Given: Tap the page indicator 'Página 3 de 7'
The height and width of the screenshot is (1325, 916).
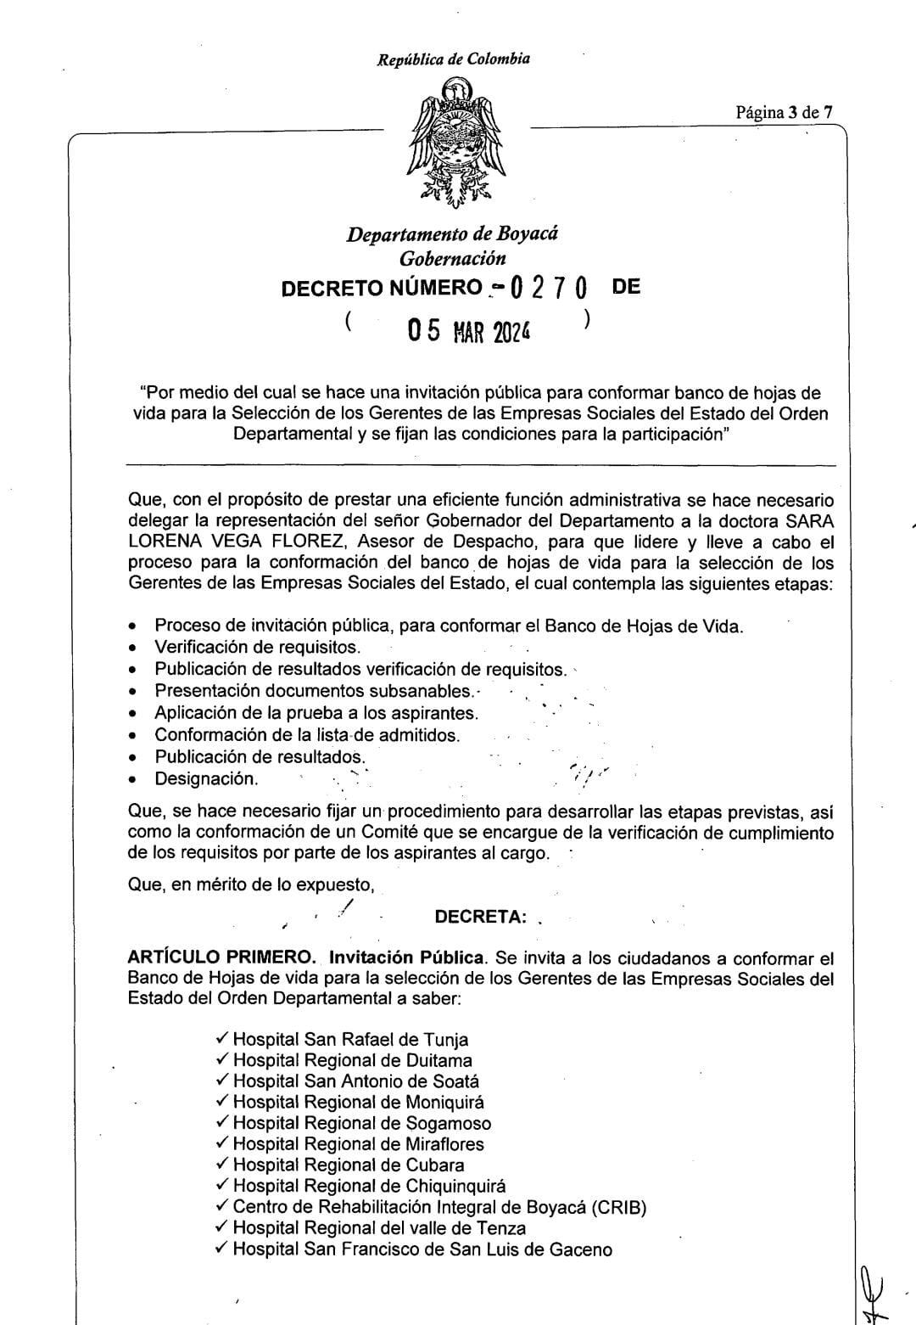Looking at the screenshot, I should tap(784, 111).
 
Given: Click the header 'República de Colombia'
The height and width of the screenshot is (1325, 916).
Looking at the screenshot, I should tap(454, 59).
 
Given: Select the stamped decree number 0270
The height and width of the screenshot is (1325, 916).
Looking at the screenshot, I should tap(549, 289).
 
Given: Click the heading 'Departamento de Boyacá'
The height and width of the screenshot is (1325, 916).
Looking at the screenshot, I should tap(451, 234).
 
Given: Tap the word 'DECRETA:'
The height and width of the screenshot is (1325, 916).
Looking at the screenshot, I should tap(480, 917).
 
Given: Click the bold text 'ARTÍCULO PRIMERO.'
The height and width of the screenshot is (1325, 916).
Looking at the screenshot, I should tap(222, 958).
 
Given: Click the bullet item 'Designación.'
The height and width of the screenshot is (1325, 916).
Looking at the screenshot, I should tap(206, 778).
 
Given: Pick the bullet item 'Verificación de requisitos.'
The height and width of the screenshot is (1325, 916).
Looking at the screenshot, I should tap(245, 647).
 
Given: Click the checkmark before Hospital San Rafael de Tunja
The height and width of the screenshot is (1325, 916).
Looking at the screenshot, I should tap(222, 1038).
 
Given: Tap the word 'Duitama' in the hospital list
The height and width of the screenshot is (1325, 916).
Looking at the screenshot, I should tap(438, 1060).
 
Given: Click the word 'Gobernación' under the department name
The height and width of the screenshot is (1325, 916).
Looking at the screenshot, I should tap(452, 259).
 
